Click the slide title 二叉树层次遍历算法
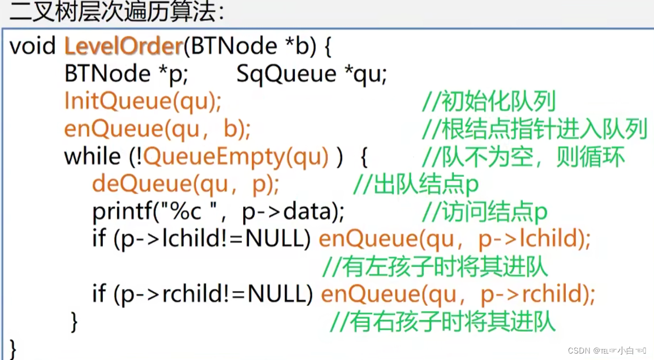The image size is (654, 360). tap(116, 11)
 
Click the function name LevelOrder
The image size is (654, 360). tap(123, 47)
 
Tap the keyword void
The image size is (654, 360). tap(32, 47)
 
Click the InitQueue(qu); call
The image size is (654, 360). tap(143, 102)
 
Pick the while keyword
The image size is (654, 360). tap(92, 157)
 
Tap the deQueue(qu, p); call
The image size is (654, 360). tap(186, 185)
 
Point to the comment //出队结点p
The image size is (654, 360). tap(415, 185)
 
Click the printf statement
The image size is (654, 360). tap(218, 212)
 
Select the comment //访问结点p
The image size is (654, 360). tap(484, 212)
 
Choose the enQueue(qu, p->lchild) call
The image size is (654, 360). tap(454, 239)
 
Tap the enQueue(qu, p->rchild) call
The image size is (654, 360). tap(458, 294)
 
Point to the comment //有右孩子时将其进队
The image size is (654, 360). tap(442, 322)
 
